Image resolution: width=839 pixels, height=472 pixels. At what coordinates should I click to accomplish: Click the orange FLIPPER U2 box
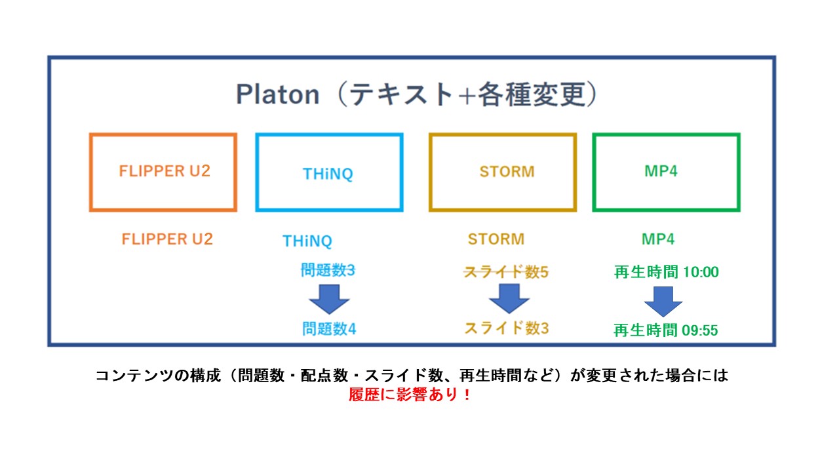163,172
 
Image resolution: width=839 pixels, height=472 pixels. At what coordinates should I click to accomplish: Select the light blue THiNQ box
329,172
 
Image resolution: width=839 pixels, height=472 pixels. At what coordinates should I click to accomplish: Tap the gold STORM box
503,172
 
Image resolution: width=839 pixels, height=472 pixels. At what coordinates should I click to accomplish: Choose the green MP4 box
666,172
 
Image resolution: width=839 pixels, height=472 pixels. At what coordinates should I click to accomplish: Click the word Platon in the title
277,96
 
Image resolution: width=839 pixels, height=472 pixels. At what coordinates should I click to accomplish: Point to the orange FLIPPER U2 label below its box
167,239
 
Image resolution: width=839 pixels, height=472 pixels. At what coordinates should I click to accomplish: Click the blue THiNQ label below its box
307,241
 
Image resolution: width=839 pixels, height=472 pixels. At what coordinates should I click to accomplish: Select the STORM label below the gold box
496,239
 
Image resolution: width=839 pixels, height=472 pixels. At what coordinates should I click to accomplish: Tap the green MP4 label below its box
658,239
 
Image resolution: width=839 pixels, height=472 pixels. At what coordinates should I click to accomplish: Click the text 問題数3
328,270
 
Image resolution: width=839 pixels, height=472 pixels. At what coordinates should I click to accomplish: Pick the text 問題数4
329,328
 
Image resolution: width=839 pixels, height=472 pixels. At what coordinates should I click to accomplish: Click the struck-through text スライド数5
506,272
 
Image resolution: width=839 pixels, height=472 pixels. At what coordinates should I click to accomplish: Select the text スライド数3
506,328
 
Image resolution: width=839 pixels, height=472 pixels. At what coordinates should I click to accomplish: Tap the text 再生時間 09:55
665,330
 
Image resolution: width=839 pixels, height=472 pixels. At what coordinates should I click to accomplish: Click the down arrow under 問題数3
329,300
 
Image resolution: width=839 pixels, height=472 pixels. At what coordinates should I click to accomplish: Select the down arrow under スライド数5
509,300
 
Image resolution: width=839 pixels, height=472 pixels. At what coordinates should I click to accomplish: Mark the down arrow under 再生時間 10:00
663,301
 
